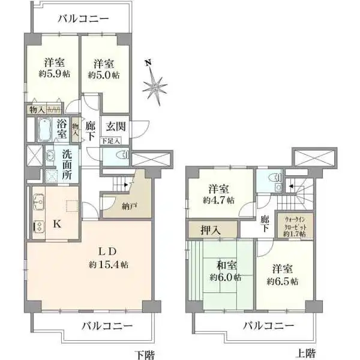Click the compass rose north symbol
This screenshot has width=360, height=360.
click(x=155, y=85)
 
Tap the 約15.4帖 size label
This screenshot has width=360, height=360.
click(x=109, y=265)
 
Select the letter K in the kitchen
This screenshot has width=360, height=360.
click(x=58, y=224)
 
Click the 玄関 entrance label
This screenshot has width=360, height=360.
click(x=115, y=126)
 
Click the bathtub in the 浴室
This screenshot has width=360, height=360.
click(x=46, y=128)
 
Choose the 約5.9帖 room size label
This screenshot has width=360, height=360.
click(x=55, y=76)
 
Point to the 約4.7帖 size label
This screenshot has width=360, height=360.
click(x=218, y=200)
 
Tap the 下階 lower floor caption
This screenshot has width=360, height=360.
click(x=144, y=354)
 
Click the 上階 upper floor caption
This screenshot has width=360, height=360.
click(x=306, y=353)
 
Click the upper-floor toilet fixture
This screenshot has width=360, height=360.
click(x=272, y=178)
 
